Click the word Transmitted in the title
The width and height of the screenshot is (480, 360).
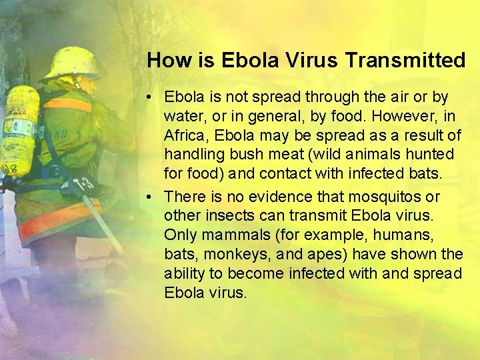pos(405,60)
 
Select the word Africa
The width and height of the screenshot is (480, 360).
pos(185,135)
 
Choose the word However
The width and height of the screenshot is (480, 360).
pos(403,117)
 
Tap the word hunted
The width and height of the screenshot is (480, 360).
pos(430,155)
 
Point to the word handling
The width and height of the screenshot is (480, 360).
pos(191,155)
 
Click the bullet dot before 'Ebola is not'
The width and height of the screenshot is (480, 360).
pos(153,97)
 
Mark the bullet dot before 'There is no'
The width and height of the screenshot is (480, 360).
pos(153,197)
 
